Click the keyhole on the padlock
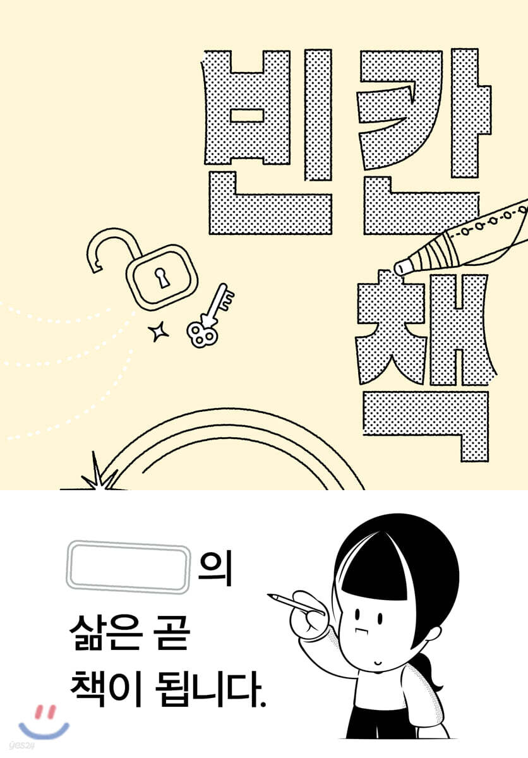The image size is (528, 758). pos(162,278)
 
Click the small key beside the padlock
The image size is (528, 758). pos(210,316)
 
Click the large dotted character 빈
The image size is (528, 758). pos(268,142)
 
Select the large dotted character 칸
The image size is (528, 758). pos(424,142)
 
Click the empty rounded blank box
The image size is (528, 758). pos(128,567)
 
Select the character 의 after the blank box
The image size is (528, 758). pos(215,568)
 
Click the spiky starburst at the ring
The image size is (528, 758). pos(97,474)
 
